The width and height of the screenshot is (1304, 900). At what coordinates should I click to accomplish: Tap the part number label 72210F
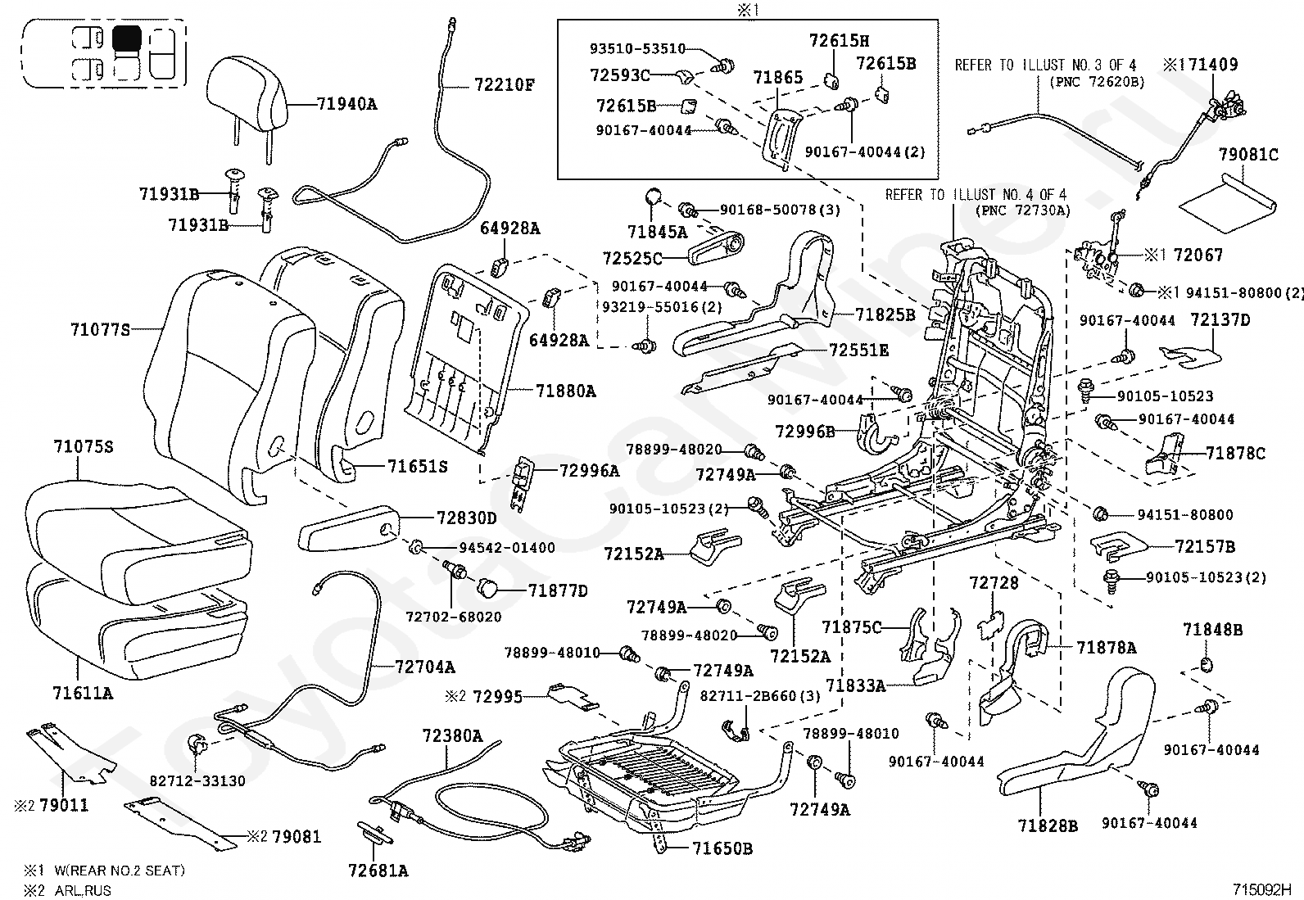[x=504, y=85]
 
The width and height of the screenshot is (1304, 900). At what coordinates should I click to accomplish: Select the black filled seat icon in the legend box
[x=127, y=39]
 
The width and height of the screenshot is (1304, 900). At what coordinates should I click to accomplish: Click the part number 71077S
[x=100, y=329]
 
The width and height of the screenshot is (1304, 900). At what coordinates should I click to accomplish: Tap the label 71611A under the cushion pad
[x=83, y=694]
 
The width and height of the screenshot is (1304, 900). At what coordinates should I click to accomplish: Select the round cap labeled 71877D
[x=487, y=588]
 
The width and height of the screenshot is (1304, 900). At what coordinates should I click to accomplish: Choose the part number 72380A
[x=452, y=736]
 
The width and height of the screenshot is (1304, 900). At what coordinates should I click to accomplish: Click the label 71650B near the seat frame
[x=722, y=848]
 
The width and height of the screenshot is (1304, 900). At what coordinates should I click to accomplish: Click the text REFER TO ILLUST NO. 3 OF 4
[x=1045, y=66]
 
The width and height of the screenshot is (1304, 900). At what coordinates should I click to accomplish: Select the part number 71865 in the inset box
[x=778, y=77]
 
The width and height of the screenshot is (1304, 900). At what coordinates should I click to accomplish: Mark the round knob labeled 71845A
[x=654, y=197]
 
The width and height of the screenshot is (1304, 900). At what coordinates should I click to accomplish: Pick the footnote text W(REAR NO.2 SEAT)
[x=120, y=871]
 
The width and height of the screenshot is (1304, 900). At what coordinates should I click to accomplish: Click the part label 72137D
[x=1220, y=319]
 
